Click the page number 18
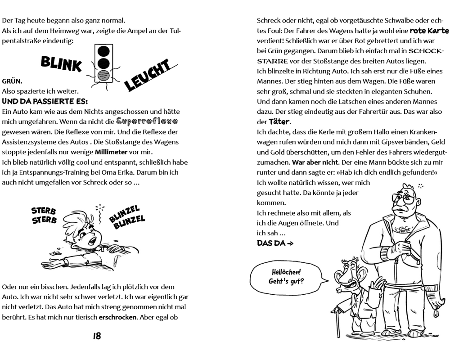pos(97,336)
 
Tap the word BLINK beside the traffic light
pos(61,64)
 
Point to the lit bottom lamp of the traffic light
pos(103,76)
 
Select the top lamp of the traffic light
pos(103,51)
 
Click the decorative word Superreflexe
pos(147,121)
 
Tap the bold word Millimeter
pos(111,152)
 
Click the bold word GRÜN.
pos(12,81)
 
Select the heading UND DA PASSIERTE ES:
pos(45,101)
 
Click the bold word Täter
pos(279,121)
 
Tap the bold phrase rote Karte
pos(429,31)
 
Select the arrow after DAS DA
pos(290,243)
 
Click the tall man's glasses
pos(404,198)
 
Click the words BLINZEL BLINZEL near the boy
pos(127,217)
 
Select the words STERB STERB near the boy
pos(44,215)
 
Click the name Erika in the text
pos(171,172)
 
